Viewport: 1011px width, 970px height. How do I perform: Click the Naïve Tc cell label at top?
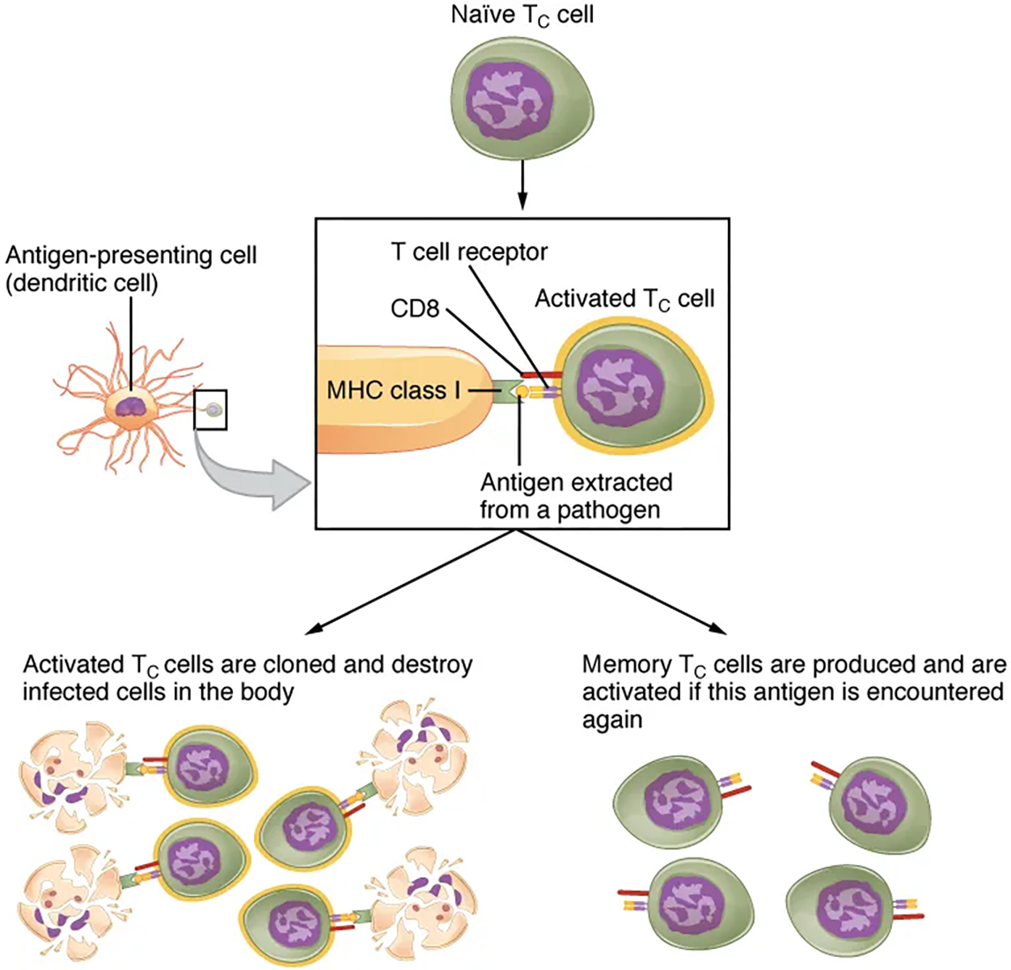point(522,15)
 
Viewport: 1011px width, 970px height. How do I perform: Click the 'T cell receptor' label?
point(469,252)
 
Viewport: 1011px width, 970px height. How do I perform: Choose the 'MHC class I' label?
point(393,391)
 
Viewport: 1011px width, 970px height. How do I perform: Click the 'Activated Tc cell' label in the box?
point(624,299)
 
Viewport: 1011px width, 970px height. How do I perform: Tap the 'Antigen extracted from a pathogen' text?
point(576,496)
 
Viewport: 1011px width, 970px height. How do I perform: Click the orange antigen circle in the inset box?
point(523,392)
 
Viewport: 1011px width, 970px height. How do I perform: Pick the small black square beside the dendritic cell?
point(211,409)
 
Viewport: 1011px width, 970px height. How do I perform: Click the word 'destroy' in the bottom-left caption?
point(432,665)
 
